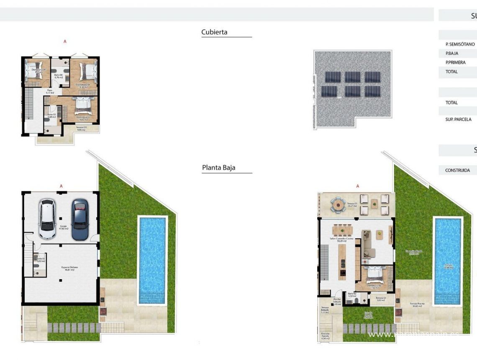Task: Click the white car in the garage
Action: tap(47, 219)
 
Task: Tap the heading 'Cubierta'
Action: tap(214, 32)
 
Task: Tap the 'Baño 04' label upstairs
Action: tap(58, 76)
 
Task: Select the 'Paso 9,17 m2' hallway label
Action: tap(49, 91)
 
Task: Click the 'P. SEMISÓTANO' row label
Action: tap(460, 44)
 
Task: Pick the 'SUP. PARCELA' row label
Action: tap(459, 119)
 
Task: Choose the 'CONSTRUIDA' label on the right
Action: tap(458, 170)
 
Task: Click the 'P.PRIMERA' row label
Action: tap(456, 62)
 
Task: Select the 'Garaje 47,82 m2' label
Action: tap(64, 227)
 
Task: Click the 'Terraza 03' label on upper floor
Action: tap(81, 129)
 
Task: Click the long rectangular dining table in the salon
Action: tap(342, 230)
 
